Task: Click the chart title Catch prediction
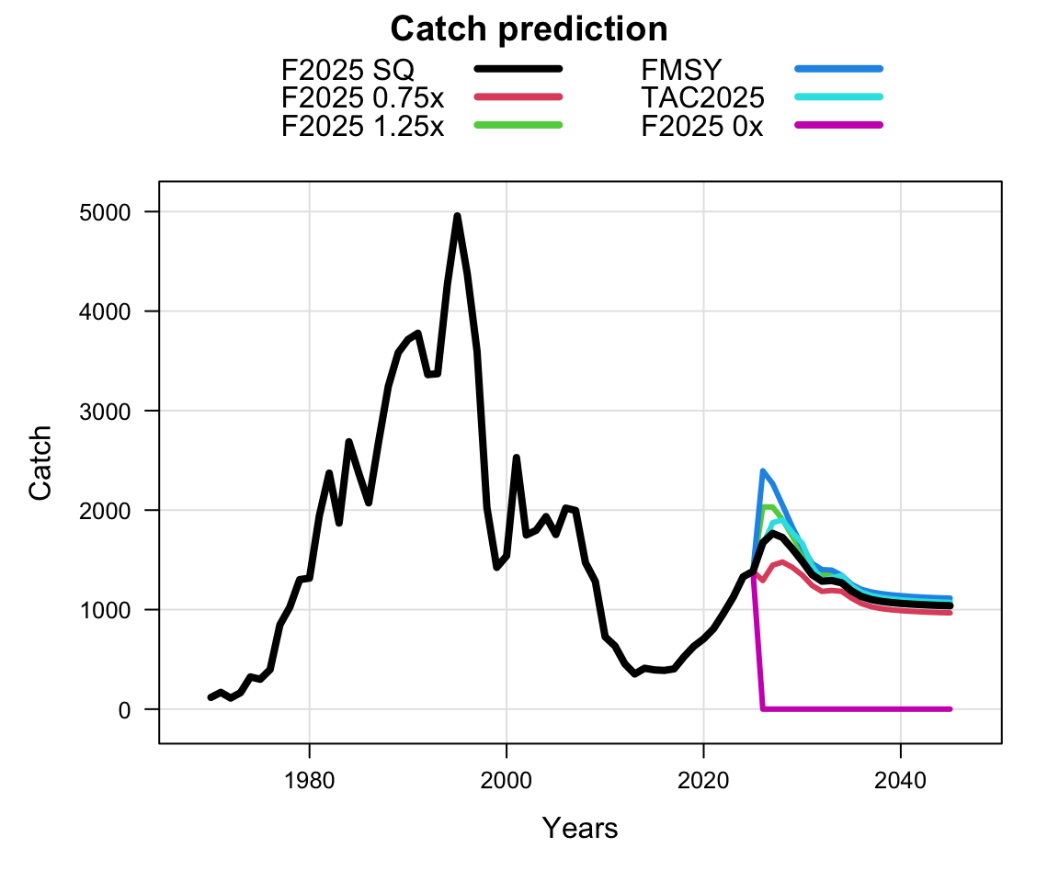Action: [529, 29]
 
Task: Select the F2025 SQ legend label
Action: [348, 69]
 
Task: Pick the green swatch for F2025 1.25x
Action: [518, 126]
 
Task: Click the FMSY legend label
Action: [681, 69]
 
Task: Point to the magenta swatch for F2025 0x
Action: [838, 126]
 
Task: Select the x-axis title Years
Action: [579, 829]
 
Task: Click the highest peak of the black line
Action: [457, 217]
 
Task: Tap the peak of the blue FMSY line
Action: [763, 471]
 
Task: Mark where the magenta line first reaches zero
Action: [763, 708]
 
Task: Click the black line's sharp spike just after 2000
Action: [517, 458]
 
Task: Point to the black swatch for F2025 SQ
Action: [518, 69]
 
